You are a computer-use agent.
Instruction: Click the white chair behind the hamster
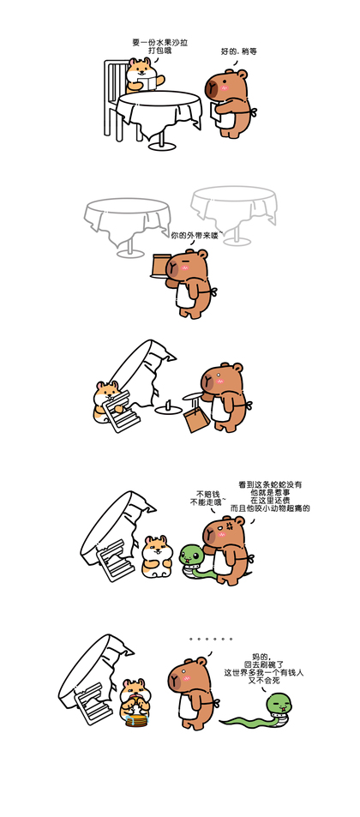coord(114,99)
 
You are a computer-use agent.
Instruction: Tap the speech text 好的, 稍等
coord(239,51)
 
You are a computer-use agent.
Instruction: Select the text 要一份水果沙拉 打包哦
coord(160,46)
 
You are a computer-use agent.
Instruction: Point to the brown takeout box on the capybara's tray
coord(159,265)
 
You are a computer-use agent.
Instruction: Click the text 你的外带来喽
coord(195,236)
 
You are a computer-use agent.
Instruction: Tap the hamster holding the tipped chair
coord(107,401)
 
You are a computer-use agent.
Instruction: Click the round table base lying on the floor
coord(168,409)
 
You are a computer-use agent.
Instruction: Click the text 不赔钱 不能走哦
coord(208,497)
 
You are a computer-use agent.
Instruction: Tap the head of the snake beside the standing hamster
coord(191,554)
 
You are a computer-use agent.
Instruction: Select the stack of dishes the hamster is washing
coord(136,720)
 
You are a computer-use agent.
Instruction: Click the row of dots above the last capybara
coord(211,639)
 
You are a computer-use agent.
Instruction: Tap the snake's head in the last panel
coord(279,704)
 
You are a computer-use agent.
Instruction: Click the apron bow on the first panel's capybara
coord(253,112)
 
